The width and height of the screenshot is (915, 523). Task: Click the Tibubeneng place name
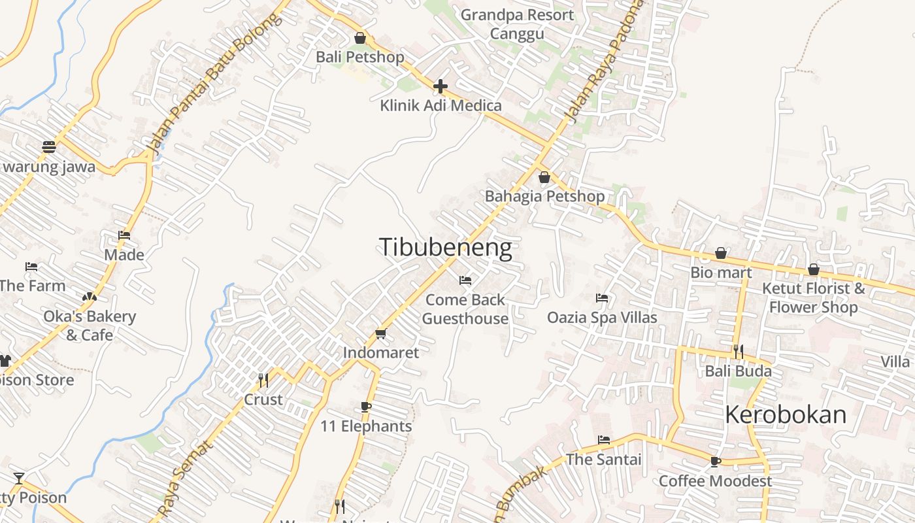[445, 247]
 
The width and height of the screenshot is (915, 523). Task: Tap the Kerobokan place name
[786, 414]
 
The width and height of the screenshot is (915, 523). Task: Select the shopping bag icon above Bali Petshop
[359, 39]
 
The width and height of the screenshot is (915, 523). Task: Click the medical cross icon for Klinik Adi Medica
[441, 86]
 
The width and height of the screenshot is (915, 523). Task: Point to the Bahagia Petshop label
[544, 196]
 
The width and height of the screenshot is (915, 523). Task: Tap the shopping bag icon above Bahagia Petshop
[544, 177]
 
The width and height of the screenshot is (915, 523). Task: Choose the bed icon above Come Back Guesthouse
[465, 280]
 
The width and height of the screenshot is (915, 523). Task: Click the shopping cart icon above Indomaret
[381, 333]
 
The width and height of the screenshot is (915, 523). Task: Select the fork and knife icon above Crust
[263, 380]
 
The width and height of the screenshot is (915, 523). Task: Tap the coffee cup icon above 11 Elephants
[366, 407]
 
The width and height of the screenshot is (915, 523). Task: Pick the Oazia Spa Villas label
[602, 318]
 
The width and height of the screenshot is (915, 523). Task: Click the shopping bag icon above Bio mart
[721, 253]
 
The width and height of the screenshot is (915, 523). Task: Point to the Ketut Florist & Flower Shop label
[814, 297]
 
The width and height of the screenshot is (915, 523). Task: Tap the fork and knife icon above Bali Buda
[739, 352]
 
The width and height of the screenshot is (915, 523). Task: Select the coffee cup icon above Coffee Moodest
[716, 462]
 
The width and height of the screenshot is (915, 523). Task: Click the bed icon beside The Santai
[604, 440]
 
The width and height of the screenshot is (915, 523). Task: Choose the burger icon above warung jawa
[49, 147]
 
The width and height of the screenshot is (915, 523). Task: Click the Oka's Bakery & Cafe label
[90, 326]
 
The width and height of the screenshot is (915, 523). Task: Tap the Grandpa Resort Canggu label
[517, 24]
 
